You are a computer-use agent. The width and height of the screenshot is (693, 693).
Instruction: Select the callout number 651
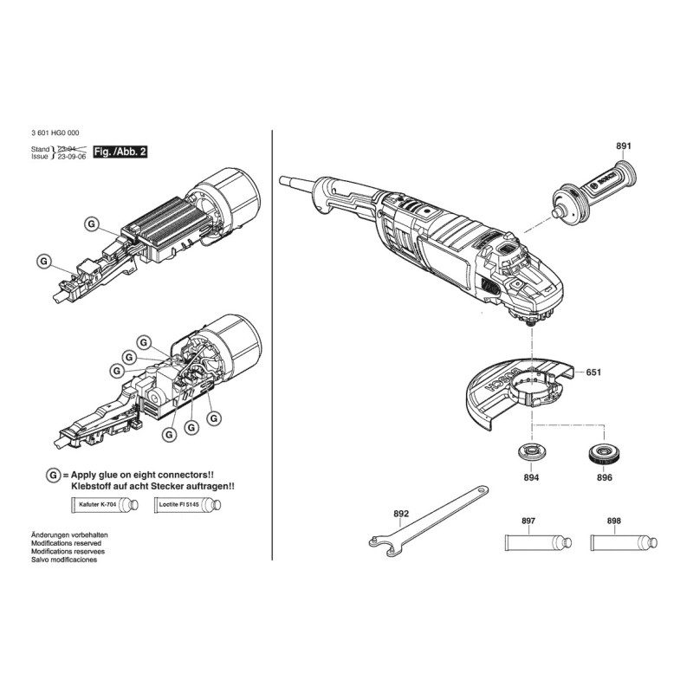click(x=593, y=372)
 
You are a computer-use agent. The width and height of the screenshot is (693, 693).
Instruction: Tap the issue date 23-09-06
click(x=75, y=158)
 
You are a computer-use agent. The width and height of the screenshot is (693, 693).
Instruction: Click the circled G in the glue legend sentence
click(x=54, y=476)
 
